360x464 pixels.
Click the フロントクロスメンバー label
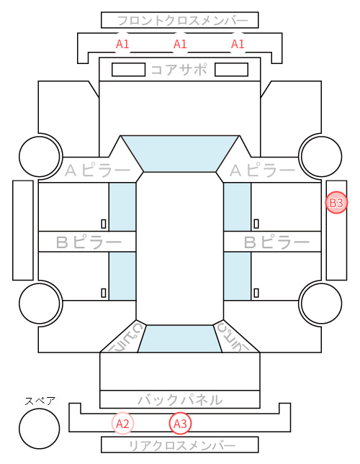click(x=182, y=21)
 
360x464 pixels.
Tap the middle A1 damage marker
click(x=180, y=44)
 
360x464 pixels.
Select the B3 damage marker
click(x=336, y=203)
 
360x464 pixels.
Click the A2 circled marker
click(x=122, y=424)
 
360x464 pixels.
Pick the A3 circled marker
click(x=180, y=424)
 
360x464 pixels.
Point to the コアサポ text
click(x=179, y=70)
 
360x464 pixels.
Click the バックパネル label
click(x=180, y=400)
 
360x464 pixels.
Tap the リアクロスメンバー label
click(x=182, y=445)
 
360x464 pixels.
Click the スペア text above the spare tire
click(x=40, y=401)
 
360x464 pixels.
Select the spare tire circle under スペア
click(x=40, y=429)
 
